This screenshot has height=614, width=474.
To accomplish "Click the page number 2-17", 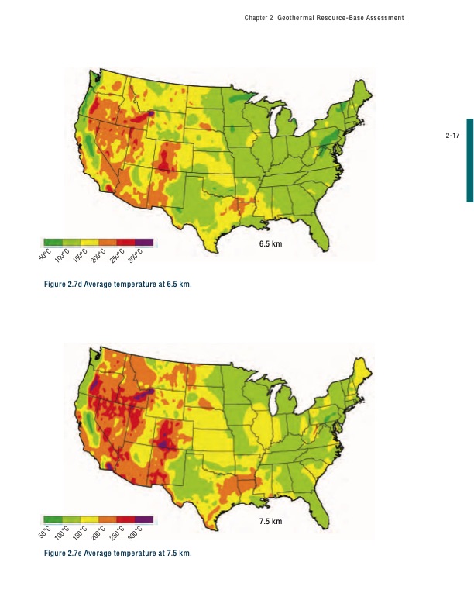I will (x=453, y=136).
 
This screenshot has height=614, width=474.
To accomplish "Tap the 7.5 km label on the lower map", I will (x=270, y=521).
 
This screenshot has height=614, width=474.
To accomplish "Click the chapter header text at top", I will (x=324, y=18).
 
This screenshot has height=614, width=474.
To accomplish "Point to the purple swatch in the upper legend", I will (x=144, y=242).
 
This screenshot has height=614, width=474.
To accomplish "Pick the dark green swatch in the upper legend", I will (x=53, y=242).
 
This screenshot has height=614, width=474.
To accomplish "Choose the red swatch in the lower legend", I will (x=125, y=519).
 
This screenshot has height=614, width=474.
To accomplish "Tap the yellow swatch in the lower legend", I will (x=89, y=519).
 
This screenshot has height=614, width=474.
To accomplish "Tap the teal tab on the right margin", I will (x=469, y=160).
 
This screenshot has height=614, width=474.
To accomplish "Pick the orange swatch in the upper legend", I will (x=108, y=242).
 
